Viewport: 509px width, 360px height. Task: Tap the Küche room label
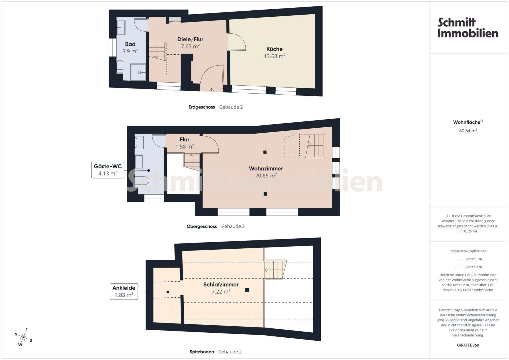tap(274, 49)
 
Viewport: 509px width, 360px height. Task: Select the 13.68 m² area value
tap(274, 56)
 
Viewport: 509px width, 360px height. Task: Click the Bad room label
tap(130, 44)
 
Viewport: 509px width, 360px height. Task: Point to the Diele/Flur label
tap(190, 39)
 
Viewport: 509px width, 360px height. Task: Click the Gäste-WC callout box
tap(108, 170)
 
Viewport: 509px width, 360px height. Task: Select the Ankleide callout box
tap(124, 291)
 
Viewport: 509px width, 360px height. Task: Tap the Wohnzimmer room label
tap(266, 168)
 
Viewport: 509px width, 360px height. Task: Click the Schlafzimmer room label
tap(221, 285)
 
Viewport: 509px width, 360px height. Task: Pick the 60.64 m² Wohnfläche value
tap(468, 131)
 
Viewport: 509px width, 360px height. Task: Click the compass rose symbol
tap(23, 337)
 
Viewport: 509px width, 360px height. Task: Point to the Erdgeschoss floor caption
tap(202, 107)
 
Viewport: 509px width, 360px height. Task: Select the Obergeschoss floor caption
tap(202, 226)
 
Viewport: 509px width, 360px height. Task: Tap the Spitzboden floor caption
tap(202, 352)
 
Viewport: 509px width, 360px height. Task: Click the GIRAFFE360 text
tap(468, 345)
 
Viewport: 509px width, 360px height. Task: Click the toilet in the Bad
tap(120, 67)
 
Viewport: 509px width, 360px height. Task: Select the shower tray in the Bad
tap(138, 72)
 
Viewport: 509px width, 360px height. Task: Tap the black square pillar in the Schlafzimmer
tap(247, 290)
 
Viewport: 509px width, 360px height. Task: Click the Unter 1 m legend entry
tap(468, 259)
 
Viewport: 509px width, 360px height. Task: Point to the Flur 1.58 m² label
tap(185, 143)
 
